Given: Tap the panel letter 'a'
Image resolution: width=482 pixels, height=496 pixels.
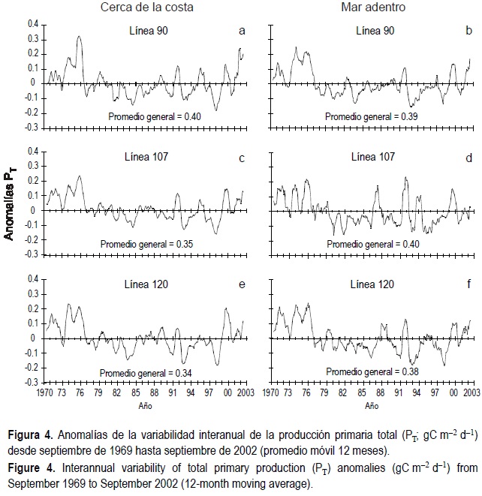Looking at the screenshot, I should [x=241, y=31].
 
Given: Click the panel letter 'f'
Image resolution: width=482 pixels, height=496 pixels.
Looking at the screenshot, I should [x=468, y=285].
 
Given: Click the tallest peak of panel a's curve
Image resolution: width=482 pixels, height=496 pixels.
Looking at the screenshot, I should [x=79, y=36].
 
